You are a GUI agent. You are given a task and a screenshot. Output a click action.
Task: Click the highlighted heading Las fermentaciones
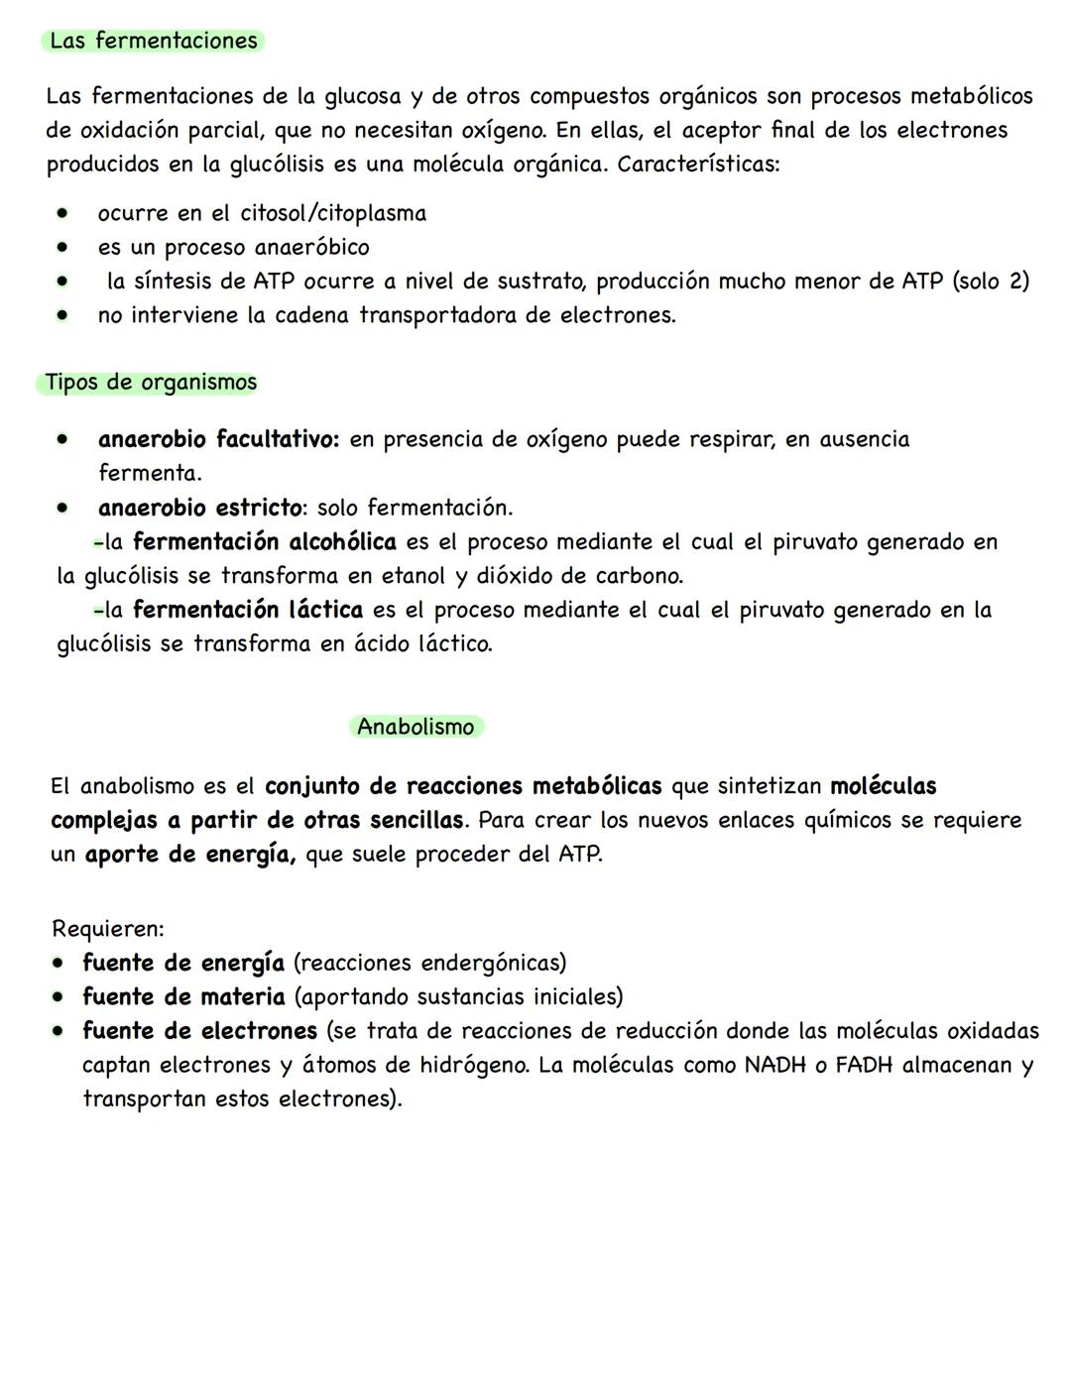pos(154,41)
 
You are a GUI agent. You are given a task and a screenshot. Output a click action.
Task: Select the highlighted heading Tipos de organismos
pos(150,383)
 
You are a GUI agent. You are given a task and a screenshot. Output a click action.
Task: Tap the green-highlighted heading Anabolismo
pos(416,727)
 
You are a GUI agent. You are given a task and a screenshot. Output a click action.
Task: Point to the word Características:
pos(698,164)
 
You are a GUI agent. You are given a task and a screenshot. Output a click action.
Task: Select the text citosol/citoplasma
pos(333,213)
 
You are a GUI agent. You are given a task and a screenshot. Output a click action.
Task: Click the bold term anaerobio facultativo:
pos(218,439)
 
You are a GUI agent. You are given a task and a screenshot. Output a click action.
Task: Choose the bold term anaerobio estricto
pos(200,508)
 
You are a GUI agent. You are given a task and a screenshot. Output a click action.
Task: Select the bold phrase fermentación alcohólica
pos(264,542)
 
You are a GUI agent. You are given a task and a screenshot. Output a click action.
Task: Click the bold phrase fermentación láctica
pos(247,610)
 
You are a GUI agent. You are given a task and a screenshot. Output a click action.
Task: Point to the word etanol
pos(409,576)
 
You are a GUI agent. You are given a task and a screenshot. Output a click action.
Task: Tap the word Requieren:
pos(107,929)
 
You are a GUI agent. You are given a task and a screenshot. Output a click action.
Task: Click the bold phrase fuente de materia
pos(183,996)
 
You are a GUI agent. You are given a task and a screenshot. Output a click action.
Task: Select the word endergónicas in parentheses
pos(492,963)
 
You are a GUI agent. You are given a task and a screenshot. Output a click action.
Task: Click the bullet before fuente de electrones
pos(61,1031)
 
